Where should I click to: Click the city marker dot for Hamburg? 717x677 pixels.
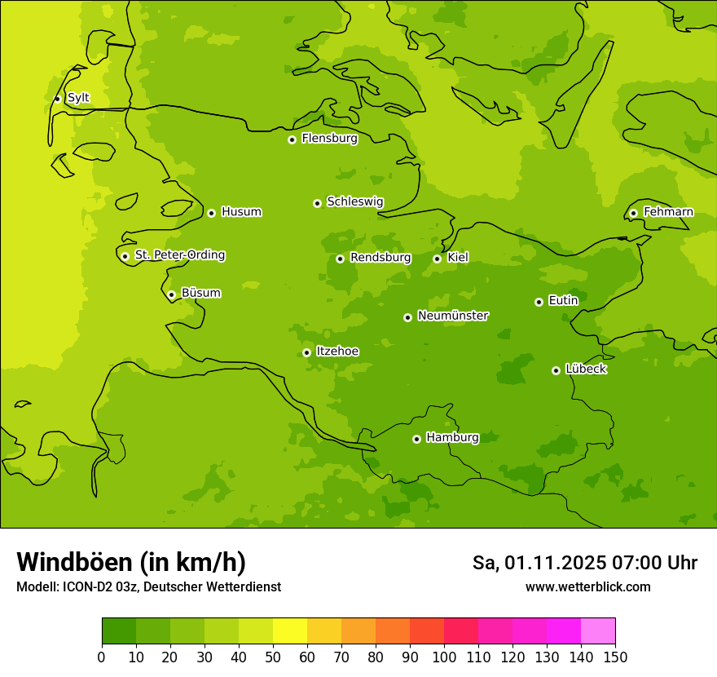coord(416,439)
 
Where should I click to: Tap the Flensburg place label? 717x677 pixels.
coord(329,139)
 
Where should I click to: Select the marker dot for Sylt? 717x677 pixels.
coord(57,99)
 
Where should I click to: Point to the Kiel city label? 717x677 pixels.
coord(458,258)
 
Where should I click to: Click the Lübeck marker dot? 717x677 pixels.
coord(556,370)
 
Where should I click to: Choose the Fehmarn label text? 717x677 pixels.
coord(668,212)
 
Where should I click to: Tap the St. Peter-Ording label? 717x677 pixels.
coord(180,255)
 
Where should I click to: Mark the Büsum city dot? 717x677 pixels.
coord(171,294)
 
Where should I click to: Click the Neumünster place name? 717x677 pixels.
coord(453,316)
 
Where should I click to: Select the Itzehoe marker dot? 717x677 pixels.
coord(306,352)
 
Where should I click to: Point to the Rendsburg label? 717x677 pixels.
coord(380,258)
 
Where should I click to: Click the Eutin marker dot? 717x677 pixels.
coord(539,302)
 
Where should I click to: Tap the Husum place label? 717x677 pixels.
coord(241,212)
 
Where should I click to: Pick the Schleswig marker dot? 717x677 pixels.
coord(317,203)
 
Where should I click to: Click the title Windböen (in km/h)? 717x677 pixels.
coord(131,562)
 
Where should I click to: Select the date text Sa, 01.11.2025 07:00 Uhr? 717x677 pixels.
coord(584,563)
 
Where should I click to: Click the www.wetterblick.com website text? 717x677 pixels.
coord(587,586)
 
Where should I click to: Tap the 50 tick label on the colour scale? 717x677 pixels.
coord(273,657)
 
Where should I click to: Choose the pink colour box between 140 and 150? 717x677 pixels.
coord(598,631)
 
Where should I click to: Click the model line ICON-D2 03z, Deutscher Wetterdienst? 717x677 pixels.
coord(148,586)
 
